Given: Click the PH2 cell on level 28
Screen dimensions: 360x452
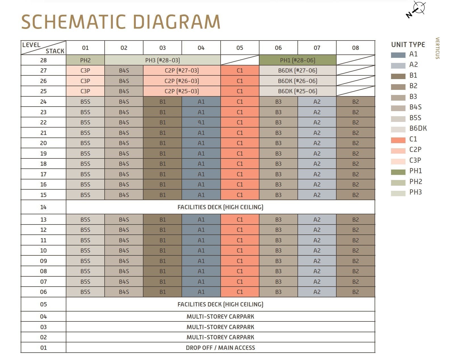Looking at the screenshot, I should [x=85, y=60].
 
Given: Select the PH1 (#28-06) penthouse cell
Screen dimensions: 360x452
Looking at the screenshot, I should [x=297, y=60].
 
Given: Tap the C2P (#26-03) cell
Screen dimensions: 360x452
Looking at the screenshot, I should [x=182, y=81].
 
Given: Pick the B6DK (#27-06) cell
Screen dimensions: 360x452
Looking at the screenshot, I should [x=297, y=70].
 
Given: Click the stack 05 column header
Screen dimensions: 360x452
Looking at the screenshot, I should [x=240, y=48].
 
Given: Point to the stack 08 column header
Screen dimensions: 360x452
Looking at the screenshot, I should [x=355, y=48].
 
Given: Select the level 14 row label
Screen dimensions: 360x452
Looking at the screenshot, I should [x=43, y=207].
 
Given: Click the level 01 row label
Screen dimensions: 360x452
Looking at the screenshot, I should [x=43, y=348].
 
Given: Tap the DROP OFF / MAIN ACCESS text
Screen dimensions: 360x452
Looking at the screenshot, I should [x=220, y=348].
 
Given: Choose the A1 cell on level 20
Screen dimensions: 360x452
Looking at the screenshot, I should [x=201, y=143].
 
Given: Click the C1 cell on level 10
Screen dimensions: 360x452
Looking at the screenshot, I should [x=240, y=251].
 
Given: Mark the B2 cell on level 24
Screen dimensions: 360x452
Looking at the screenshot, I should [x=355, y=102].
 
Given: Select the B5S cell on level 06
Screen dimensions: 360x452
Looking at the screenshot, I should [x=85, y=292].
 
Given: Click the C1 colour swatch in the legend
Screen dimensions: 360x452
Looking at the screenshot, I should [x=398, y=140].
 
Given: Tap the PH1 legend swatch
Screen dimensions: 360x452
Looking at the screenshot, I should [x=398, y=172].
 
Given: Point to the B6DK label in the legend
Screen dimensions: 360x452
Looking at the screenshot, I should [x=418, y=128].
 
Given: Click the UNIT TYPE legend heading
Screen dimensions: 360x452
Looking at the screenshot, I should [x=408, y=45].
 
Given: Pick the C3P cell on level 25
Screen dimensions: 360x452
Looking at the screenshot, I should [x=85, y=91].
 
